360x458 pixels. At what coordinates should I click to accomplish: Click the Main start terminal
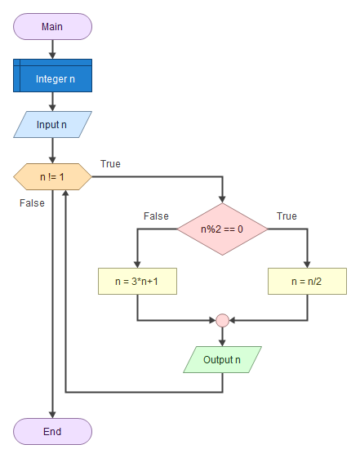point(52,27)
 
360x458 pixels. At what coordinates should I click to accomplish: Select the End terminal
point(52,431)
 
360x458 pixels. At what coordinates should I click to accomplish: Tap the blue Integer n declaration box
point(52,76)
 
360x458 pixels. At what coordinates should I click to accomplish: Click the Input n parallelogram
point(52,124)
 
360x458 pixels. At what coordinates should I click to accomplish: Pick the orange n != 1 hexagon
point(52,176)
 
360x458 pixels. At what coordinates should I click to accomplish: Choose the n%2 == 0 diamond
point(222,229)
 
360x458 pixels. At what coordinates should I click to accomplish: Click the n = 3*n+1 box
point(137,282)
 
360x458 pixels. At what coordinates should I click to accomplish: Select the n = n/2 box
point(307,282)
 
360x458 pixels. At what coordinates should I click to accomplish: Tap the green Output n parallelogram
point(222,359)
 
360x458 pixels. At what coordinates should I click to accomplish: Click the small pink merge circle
point(222,320)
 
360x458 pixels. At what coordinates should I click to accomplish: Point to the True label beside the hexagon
point(110,164)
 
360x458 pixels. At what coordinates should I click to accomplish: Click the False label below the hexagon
point(32,203)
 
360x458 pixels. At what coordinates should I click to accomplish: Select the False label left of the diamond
point(156,216)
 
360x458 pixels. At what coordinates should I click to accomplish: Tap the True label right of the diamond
point(287,216)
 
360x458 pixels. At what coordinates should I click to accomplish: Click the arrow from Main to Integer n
point(52,49)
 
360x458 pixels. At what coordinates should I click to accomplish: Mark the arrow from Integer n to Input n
point(52,102)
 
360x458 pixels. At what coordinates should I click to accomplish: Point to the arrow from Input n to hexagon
point(52,150)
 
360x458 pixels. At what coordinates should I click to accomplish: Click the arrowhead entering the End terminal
point(52,415)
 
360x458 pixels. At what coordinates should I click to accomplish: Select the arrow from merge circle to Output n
point(222,337)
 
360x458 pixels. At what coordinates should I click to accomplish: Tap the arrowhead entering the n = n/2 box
point(307,265)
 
